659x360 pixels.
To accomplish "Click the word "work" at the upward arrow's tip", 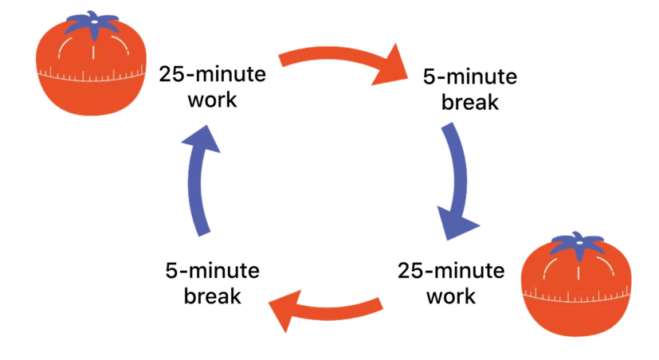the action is (210, 101).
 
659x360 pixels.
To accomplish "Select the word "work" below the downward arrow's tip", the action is (451, 296).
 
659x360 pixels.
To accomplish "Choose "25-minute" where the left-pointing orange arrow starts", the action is (451, 270).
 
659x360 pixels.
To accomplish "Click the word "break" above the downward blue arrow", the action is (470, 103).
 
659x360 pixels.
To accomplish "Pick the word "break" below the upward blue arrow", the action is (213, 296).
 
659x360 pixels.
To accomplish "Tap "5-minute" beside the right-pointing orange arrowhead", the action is (470, 77).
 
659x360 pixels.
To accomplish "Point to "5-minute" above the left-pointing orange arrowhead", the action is (213, 270).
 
